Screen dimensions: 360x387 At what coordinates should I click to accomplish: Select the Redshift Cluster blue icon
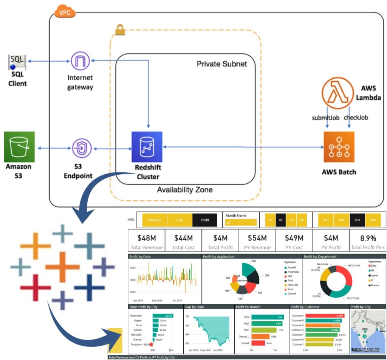(x=147, y=147)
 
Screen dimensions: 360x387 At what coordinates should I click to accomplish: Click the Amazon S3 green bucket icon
(x=19, y=147)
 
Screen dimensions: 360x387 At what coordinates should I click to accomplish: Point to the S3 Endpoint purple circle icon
(x=80, y=147)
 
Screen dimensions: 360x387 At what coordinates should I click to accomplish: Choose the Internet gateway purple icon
(x=80, y=61)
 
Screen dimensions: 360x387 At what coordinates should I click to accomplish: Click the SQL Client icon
(x=18, y=62)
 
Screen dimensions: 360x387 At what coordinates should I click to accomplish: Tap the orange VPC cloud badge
(x=65, y=12)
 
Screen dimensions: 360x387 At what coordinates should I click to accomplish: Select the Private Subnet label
(x=222, y=64)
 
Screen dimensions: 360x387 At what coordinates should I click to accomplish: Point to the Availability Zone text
(x=185, y=189)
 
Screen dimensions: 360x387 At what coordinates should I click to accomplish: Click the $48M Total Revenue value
(x=147, y=238)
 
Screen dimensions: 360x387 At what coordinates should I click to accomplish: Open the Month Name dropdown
(x=241, y=223)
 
